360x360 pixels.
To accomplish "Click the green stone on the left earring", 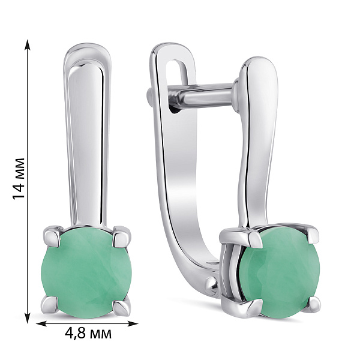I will point(85,267).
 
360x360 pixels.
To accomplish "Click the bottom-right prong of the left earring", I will point(122,306).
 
